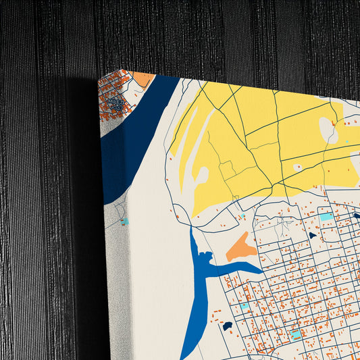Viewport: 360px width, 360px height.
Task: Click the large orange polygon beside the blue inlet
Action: click(x=240, y=248)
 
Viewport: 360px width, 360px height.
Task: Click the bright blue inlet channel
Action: click(x=199, y=284)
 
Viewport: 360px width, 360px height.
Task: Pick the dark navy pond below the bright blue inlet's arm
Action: click(x=228, y=326)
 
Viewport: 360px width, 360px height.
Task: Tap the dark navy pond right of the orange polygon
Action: click(x=312, y=235)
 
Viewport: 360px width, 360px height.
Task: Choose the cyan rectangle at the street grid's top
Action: click(x=326, y=217)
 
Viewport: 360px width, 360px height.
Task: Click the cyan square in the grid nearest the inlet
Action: click(x=244, y=307)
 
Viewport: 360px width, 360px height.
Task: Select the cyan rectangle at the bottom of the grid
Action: click(x=296, y=334)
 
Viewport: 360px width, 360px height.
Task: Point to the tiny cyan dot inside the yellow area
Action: click(x=347, y=141)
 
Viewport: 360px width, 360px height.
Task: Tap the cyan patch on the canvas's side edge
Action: click(x=124, y=221)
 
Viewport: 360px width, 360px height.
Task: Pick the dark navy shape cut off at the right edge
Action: click(x=357, y=215)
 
